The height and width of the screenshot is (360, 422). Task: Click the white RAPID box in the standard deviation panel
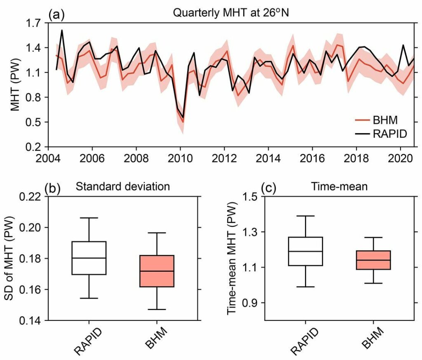coord(89,258)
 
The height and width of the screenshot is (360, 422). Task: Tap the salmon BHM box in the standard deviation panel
coord(157,271)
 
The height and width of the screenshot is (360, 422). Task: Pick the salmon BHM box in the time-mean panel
coord(373,260)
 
